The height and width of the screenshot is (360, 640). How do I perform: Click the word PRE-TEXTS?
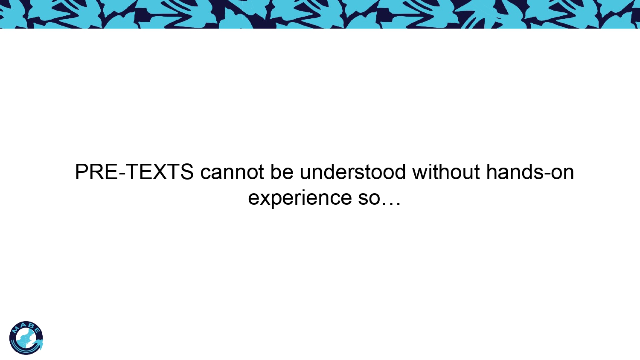pyautogui.click(x=134, y=172)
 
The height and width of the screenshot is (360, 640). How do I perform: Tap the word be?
pyautogui.click(x=282, y=172)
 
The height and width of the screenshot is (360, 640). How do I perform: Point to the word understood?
pyautogui.click(x=352, y=172)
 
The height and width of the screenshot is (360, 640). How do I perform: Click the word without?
pyautogui.click(x=446, y=172)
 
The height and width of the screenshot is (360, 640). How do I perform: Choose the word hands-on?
pyautogui.click(x=530, y=172)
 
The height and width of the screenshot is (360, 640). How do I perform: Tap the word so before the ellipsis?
pyautogui.click(x=369, y=199)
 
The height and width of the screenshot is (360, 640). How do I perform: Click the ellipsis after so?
pyautogui.click(x=391, y=203)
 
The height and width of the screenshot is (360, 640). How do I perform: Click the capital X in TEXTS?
pyautogui.click(x=160, y=172)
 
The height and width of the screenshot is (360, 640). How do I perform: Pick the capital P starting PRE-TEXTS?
pyautogui.click(x=82, y=172)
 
